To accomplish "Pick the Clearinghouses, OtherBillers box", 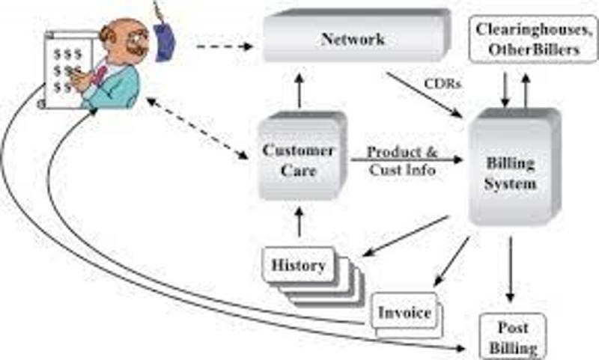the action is [533, 39].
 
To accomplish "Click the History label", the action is [298, 265].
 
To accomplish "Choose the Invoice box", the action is [405, 313].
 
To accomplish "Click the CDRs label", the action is [443, 83].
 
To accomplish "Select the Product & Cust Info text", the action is [402, 161].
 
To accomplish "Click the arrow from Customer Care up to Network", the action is [299, 91].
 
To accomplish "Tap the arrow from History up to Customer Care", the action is [299, 222].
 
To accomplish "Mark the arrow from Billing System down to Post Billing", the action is [510, 269].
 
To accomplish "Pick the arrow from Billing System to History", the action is [405, 236].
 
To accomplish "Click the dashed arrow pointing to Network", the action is [225, 46].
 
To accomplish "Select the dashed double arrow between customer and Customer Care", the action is [197, 128].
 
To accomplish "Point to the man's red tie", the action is [98, 74].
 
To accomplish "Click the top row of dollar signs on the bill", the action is [67, 54].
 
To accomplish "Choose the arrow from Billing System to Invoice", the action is [452, 261].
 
